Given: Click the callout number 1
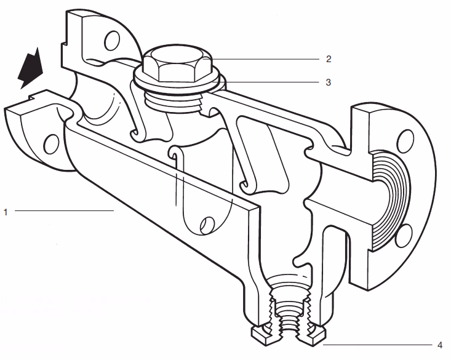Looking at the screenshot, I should coord(6,212).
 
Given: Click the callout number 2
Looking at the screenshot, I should coord(329,59).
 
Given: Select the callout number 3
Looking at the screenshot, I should coord(329,82).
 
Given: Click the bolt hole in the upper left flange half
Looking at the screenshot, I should coord(112,41).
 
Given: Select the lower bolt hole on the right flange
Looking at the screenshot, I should coord(404,234).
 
